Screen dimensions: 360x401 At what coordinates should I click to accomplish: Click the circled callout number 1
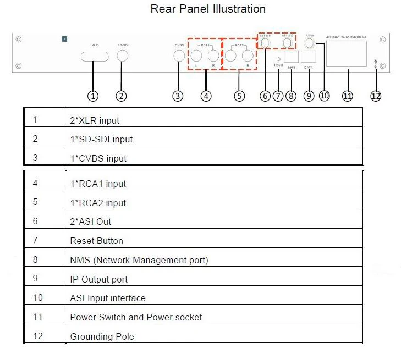tap(93, 96)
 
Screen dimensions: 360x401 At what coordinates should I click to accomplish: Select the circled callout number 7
tap(278, 96)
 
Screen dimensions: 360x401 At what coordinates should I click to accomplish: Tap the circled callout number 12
tap(376, 96)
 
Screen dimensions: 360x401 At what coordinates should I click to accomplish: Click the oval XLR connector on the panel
tap(94, 56)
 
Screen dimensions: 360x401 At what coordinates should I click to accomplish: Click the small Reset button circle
tap(278, 58)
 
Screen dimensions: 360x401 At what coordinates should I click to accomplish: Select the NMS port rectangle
tap(291, 57)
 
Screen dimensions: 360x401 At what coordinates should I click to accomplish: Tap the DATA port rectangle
tap(309, 57)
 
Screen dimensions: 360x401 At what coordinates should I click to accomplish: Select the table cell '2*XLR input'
tap(94, 120)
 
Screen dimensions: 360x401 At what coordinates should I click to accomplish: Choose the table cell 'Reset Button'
tap(96, 241)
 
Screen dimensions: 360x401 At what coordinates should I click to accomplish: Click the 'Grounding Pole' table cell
tap(102, 336)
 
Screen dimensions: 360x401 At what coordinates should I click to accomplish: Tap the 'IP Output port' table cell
tap(98, 279)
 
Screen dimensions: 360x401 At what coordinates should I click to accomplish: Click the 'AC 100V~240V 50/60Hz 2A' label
tap(346, 36)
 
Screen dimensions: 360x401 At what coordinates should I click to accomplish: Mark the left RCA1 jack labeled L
tap(196, 56)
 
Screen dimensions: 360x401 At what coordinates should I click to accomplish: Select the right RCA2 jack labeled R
tap(248, 56)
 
